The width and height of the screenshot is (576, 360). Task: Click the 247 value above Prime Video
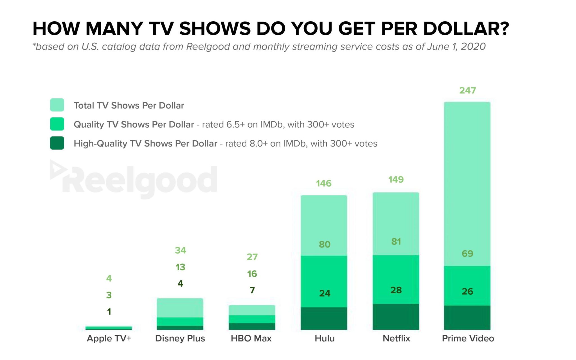pos(467,90)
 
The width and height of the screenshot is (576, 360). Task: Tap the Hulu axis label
pos(325,338)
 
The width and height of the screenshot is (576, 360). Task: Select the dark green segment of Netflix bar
pos(396,317)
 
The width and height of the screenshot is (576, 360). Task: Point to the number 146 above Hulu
pos(324,183)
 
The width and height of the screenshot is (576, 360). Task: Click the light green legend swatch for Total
pos(57,105)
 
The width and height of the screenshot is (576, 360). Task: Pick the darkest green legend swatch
pos(57,143)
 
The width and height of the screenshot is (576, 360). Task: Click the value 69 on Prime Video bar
pos(467,254)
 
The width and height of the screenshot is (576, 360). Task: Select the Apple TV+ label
pos(109,338)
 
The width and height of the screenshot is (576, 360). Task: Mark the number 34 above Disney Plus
pos(180,250)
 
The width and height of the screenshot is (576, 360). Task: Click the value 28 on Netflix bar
pos(396,290)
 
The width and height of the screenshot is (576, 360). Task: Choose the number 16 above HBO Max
pos(252,274)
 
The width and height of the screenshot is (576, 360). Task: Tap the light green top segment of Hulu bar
pos(324,219)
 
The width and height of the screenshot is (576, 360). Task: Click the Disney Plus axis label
pos(180,338)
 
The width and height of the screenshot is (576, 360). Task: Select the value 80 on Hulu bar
pos(325,244)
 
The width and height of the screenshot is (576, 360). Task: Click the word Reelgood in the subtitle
pos(208,46)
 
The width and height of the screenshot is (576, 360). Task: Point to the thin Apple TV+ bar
pos(109,328)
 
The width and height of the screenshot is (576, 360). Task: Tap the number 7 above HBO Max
pos(252,290)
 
